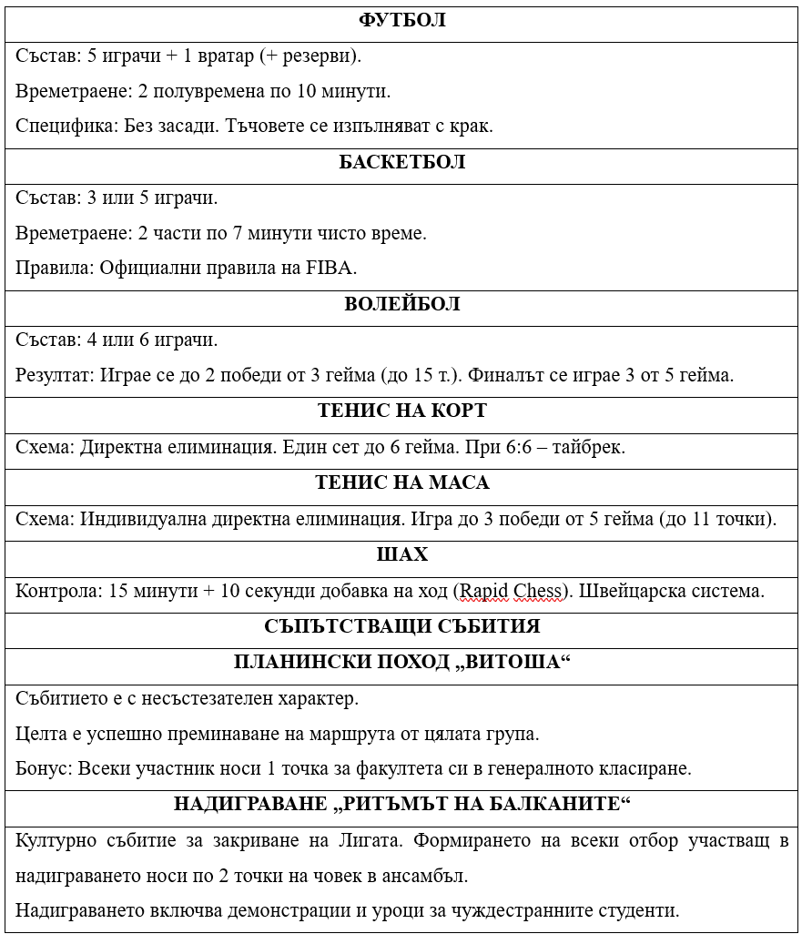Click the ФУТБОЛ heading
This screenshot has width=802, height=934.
[x=401, y=20]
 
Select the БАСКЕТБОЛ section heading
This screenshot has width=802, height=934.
[x=401, y=162]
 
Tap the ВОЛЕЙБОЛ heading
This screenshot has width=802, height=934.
[x=401, y=304]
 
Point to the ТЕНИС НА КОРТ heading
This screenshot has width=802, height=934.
[x=401, y=411]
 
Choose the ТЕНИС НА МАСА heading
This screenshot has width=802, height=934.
[x=401, y=482]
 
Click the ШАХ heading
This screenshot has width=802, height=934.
[x=401, y=554]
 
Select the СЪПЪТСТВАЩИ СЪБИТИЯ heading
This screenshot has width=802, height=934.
[x=401, y=626]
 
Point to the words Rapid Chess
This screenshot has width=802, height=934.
[x=511, y=591]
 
